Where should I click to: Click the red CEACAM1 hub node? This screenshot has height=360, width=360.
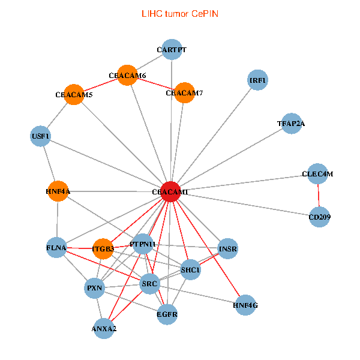coord(171,191)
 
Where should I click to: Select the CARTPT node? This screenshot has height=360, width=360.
coord(172,50)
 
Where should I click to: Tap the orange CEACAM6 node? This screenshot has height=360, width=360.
coord(127,75)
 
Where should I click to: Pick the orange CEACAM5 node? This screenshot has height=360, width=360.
coord(74,94)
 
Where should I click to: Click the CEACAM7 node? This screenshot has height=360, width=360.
coord(184,93)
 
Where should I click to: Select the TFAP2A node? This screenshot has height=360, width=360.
coord(291,124)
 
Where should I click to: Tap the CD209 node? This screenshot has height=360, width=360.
coord(319,216)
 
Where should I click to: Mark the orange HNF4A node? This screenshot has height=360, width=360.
coord(58,191)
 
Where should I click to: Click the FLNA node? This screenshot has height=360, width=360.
coord(56,247)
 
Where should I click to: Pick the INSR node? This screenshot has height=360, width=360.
coord(228,248)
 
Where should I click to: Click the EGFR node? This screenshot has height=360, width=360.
coord(167,314)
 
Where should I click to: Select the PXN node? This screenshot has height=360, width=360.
coord(95,288)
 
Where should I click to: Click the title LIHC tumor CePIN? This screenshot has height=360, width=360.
coord(179,13)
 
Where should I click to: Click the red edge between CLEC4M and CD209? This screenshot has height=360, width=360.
coord(319,195)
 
